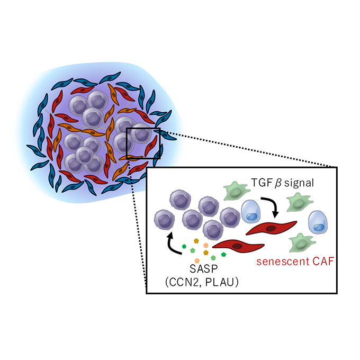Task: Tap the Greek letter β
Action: coord(278,184)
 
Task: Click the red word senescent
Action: coord(283,262)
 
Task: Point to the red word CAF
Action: coord(323,262)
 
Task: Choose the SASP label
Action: coord(203,268)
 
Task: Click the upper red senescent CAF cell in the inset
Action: coord(272,228)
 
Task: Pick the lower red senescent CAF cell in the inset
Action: coord(238,246)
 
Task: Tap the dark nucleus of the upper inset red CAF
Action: coord(272,229)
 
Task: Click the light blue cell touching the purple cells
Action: coord(251,211)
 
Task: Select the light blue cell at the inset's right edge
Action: coord(318,222)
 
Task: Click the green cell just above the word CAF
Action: coord(301,243)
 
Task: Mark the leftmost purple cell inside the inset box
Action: coord(165,220)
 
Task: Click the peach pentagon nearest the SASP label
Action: coord(197,260)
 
